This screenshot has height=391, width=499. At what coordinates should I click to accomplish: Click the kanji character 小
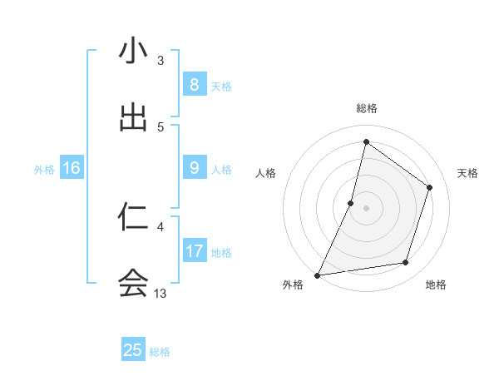[x=133, y=51]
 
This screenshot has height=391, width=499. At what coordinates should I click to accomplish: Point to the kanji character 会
[x=133, y=284]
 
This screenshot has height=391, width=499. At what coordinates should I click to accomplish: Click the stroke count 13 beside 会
[x=161, y=293]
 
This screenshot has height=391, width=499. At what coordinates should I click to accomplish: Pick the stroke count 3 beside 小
[x=161, y=60]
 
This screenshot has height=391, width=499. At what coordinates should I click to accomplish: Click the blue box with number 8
[x=194, y=84]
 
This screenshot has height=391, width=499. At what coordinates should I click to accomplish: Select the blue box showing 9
[x=194, y=168]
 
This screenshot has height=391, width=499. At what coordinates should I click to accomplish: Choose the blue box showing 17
[x=194, y=251]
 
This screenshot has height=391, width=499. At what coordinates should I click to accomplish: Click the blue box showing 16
[x=71, y=168]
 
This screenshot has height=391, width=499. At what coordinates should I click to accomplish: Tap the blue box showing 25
[x=133, y=349]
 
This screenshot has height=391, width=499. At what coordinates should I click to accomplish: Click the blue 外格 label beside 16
[x=44, y=169]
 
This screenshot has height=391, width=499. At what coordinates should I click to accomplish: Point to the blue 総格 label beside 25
[x=160, y=351]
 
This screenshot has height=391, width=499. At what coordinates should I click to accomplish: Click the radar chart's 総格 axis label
[x=366, y=108]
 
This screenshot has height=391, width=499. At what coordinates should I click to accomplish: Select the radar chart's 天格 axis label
[x=468, y=173]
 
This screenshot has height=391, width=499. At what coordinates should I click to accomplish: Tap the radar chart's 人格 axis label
[x=265, y=173]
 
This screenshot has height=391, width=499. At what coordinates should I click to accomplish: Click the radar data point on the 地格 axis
[x=406, y=263]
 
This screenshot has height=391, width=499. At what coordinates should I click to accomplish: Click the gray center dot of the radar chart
[x=366, y=208]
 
